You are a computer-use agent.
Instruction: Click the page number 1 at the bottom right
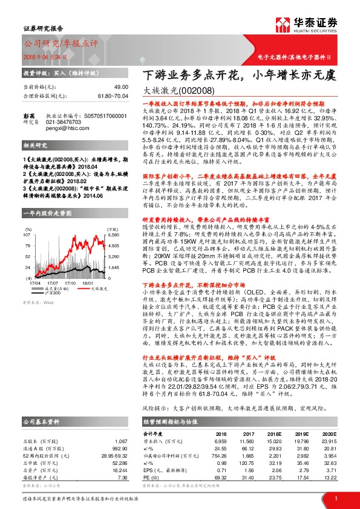335,498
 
